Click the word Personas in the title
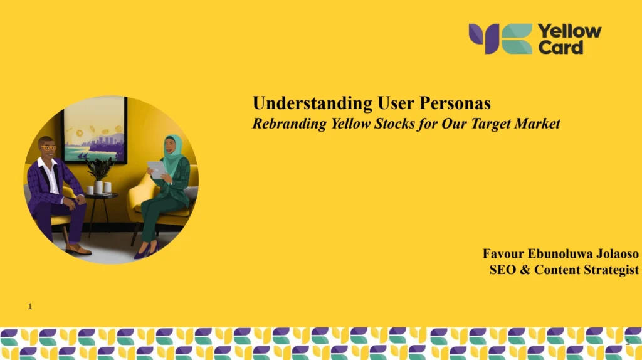point(455,103)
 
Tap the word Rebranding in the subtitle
point(290,124)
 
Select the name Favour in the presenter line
point(503,253)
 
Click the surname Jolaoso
point(618,253)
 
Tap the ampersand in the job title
point(525,270)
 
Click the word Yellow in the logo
point(569,31)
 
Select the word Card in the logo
point(560,48)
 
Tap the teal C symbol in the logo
point(517,39)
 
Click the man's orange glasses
point(48,147)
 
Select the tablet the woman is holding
point(156,169)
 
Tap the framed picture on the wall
point(95,130)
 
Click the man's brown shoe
point(78,249)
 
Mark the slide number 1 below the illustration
point(30,306)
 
